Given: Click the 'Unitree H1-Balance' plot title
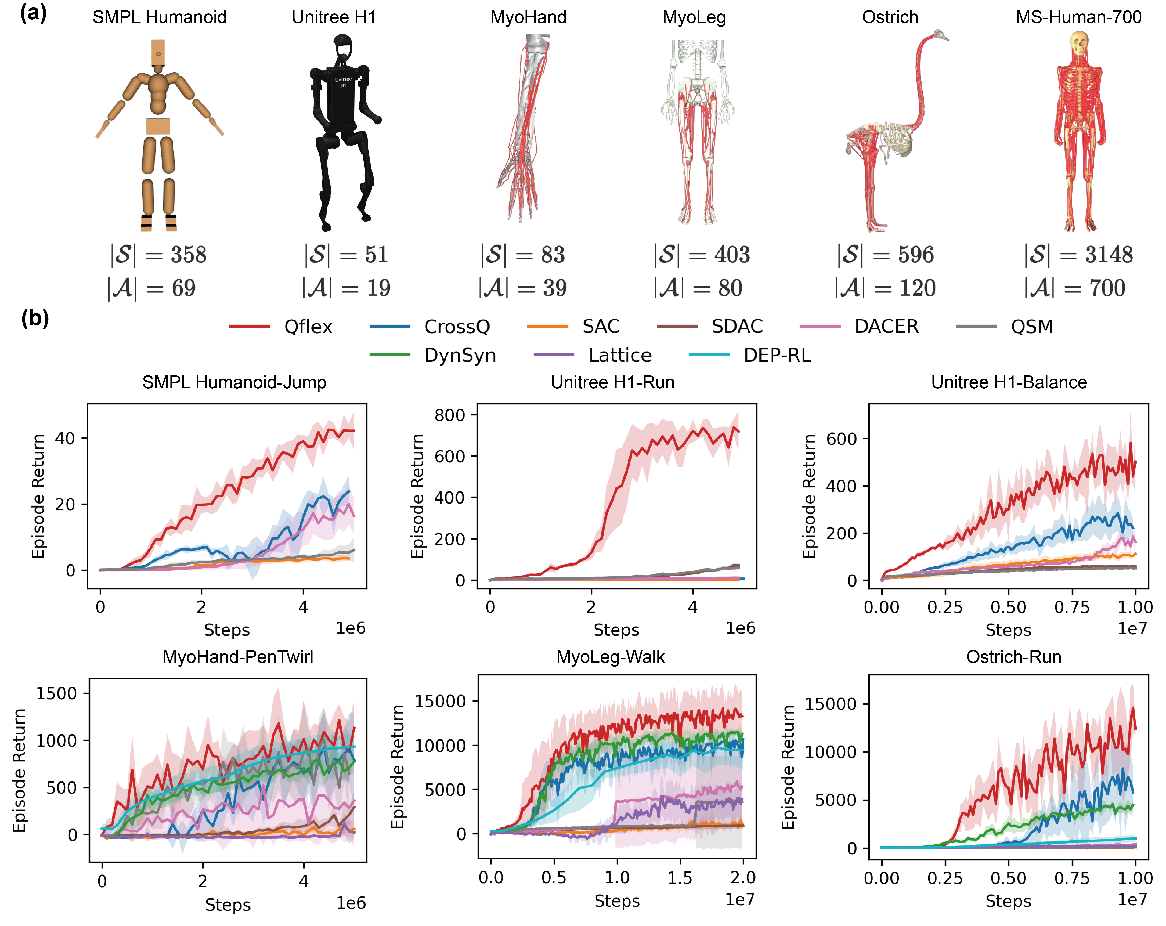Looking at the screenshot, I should point(1009,382).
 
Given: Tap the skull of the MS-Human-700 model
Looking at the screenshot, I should point(1079,43).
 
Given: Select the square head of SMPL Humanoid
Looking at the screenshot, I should point(158,52).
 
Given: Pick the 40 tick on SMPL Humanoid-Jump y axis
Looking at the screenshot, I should point(64,438).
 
